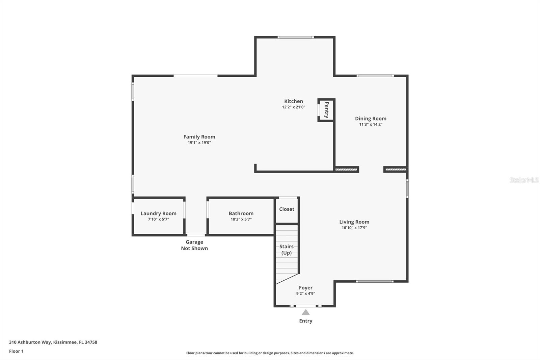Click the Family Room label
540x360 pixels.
tap(199, 137)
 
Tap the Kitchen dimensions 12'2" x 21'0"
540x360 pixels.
tap(294, 107)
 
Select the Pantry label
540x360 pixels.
tap(327, 110)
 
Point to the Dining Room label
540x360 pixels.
tap(371, 119)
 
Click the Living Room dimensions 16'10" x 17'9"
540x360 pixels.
tap(354, 228)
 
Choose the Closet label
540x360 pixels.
tap(287, 209)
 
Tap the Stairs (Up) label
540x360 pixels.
tap(287, 250)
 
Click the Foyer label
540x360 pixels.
tap(306, 288)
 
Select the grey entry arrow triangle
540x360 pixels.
tap(306, 312)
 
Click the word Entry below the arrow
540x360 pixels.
tap(306, 321)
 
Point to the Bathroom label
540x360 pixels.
tap(241, 213)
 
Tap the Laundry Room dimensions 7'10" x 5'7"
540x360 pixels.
tap(158, 219)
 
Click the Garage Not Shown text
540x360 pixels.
tap(194, 245)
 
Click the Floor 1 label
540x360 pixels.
tap(16, 351)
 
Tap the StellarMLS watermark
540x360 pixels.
tap(524, 180)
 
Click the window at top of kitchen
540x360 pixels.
tap(296, 37)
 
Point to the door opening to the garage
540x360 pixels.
tap(196, 235)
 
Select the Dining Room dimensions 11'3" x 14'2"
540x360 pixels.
tap(371, 125)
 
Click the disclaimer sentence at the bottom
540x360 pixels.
tap(270, 353)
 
